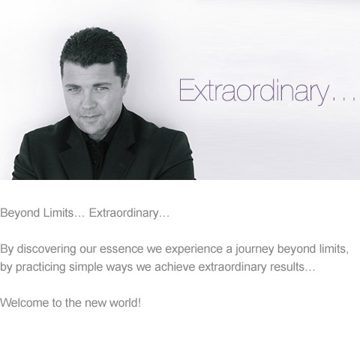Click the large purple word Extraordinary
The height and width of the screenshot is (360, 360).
tap(253, 91)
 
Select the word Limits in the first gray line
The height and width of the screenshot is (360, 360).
tap(58, 213)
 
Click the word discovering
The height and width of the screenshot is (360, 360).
tap(46, 249)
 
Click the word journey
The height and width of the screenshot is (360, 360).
tap(254, 250)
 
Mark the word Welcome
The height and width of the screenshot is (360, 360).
tap(24, 303)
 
